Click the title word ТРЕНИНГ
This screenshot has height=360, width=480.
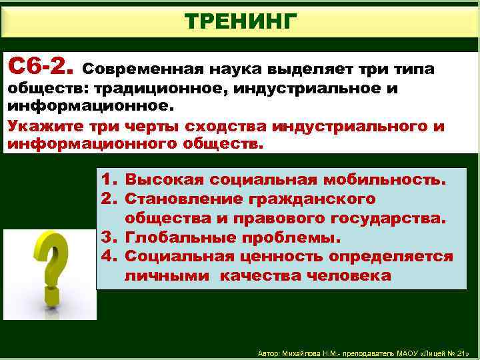[239, 21]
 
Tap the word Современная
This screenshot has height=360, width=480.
[142, 69]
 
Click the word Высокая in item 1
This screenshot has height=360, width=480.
[165, 180]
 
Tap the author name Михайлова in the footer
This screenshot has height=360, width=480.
[304, 353]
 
